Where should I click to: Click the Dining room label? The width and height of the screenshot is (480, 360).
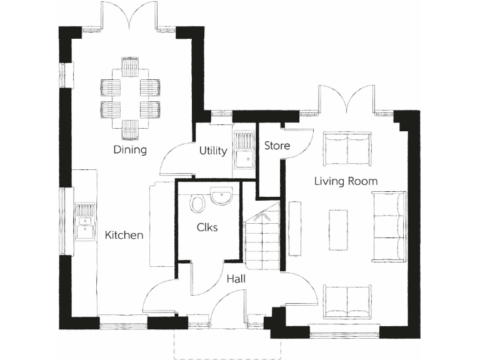pos(130,150)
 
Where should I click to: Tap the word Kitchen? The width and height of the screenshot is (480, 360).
pos(124,236)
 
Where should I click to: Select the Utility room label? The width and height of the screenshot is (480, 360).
pos(213,151)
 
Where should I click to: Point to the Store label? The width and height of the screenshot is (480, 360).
pos(277,146)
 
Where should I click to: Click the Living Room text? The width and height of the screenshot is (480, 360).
pos(346,181)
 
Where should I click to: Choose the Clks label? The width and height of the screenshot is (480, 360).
pos(207,227)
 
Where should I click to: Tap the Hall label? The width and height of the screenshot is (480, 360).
pos(236,279)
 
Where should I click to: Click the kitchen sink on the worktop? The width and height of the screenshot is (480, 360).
pos(84,221)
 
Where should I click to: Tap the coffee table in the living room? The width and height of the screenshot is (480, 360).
pos(339,229)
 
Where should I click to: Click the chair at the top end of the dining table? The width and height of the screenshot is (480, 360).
pos(130,65)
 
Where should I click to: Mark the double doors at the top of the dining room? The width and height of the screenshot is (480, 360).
pos(130,16)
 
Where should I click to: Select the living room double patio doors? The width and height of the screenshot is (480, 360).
pos(346,99)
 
